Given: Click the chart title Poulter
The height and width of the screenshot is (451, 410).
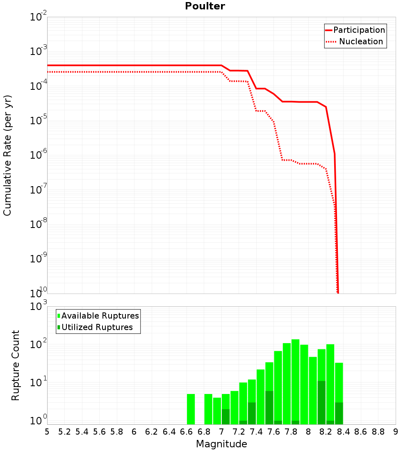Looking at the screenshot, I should [x=205, y=6].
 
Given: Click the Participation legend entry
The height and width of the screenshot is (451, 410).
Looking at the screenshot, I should [x=359, y=30].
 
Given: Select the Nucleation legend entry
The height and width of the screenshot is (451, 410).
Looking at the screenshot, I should [x=360, y=41].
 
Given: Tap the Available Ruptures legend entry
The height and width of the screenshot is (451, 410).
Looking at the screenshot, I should [x=100, y=316].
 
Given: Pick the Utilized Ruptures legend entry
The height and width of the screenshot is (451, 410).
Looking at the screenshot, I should [x=97, y=327].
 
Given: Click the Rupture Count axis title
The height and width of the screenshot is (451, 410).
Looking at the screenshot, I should [x=16, y=365].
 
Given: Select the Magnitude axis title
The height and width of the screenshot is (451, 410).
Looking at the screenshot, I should [x=221, y=444].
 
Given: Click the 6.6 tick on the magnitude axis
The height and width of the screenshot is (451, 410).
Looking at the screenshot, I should [x=187, y=432].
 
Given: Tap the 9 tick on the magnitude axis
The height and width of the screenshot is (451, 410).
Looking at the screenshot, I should [x=396, y=432].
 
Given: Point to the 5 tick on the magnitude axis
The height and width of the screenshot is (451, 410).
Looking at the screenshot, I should [x=47, y=432].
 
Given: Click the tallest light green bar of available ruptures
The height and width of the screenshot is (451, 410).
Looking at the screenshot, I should [x=295, y=381].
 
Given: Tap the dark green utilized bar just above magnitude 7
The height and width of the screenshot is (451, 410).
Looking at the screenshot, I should [x=225, y=417].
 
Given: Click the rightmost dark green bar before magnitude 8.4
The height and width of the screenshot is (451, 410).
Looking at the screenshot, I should [x=339, y=413].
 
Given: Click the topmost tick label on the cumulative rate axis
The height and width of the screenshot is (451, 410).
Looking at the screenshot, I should [x=39, y=17].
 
